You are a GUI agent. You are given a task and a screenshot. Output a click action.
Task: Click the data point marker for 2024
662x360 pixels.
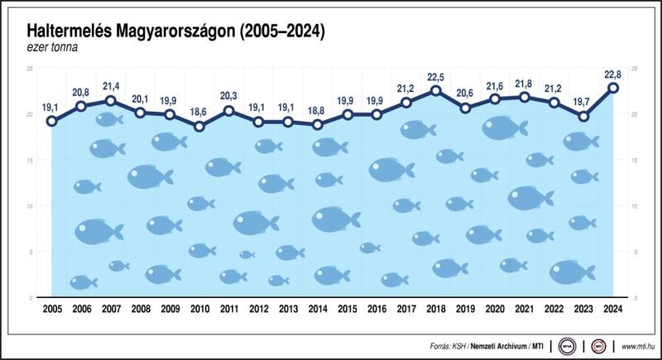point(613,88)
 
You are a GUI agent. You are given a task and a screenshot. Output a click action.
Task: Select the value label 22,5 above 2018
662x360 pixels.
point(436,79)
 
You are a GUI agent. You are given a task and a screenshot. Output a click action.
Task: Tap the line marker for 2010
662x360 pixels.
point(199,127)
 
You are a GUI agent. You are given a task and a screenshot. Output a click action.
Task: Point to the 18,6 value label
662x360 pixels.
point(199,112)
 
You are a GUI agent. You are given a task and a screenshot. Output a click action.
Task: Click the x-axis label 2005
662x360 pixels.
point(51,310)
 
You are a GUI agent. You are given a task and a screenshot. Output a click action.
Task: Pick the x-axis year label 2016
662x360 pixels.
point(377,310)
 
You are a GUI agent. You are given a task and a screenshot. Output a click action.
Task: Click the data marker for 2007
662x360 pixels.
point(111,101)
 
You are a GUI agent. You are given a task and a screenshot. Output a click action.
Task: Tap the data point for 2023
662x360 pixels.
point(583,117)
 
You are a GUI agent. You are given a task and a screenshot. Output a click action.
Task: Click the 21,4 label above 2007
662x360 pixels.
point(111,86)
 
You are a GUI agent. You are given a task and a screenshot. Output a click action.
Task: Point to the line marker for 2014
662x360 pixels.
point(318,125)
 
